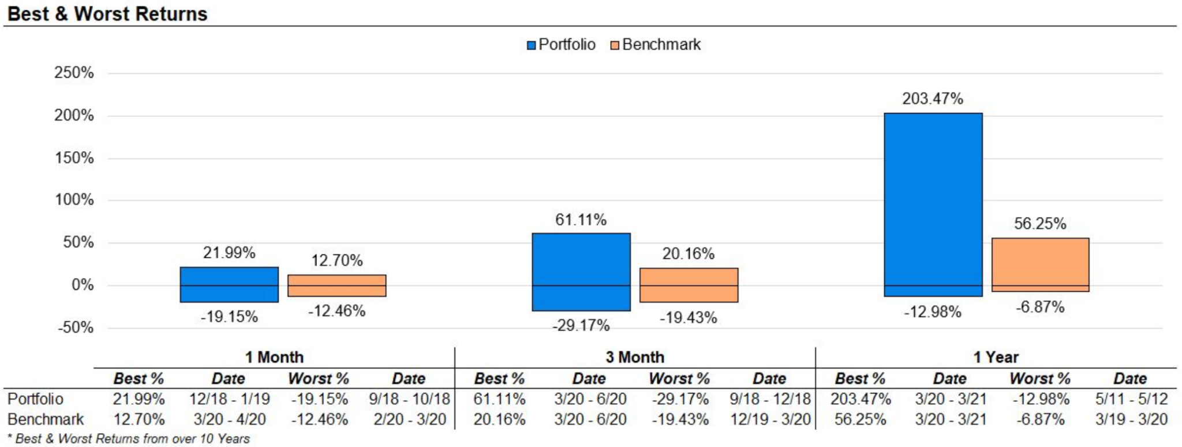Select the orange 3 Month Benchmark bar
pos(689,285)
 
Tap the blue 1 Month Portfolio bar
pos(229,284)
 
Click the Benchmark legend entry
pos(655,45)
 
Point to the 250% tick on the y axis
pos(74,73)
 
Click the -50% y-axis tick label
pos(76,328)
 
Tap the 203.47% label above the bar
pos(933,99)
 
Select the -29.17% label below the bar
pos(581,326)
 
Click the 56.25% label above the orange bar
pos(1040,224)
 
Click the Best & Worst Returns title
pos(107,14)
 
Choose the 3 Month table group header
pos(635,358)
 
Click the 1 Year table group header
pos(996,358)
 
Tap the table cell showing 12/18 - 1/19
pos(229,399)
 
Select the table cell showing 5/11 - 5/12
pos(1131,399)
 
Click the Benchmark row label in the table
pos(46,419)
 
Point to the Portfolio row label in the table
pos(35,399)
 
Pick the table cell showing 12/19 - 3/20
pos(770,419)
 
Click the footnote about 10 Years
pos(129,439)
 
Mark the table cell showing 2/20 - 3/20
pos(410,419)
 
